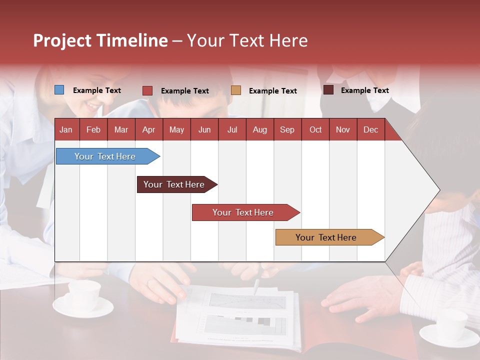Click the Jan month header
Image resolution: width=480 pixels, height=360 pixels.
[66, 130]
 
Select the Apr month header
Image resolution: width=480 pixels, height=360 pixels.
[148, 130]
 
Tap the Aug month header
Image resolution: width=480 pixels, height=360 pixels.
[259, 130]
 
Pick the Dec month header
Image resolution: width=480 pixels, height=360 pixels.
[370, 130]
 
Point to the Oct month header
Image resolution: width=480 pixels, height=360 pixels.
[315, 130]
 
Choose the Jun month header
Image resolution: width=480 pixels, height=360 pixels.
[204, 130]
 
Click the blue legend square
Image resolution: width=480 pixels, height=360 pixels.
[59, 90]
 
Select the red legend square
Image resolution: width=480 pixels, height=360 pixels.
[147, 90]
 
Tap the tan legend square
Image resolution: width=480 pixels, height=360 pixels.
[236, 90]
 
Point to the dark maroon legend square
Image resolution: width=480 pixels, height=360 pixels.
[328, 90]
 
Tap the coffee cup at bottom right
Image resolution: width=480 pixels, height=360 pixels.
[451, 325]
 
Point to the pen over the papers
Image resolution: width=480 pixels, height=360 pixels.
[256, 286]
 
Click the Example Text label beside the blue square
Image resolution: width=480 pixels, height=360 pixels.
[97, 90]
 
